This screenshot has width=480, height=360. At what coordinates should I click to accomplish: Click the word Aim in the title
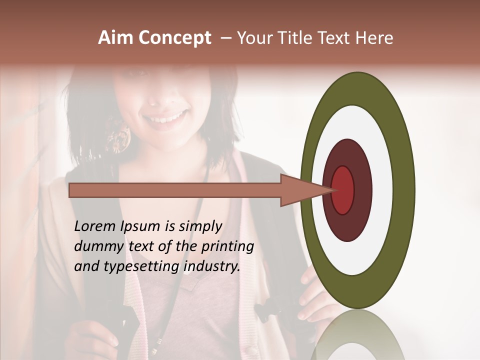coord(116,38)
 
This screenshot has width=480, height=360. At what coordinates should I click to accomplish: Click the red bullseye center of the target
coord(343,189)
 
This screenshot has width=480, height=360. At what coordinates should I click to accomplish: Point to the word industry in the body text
coord(212,266)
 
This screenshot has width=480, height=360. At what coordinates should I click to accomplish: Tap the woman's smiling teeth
coord(164,119)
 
